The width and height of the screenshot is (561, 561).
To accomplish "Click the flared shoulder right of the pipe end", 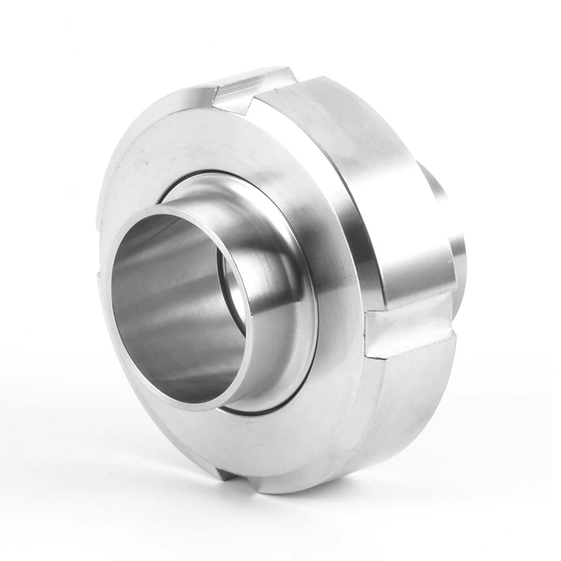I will point(280,280).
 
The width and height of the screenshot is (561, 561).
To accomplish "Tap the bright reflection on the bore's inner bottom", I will point(182,379).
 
